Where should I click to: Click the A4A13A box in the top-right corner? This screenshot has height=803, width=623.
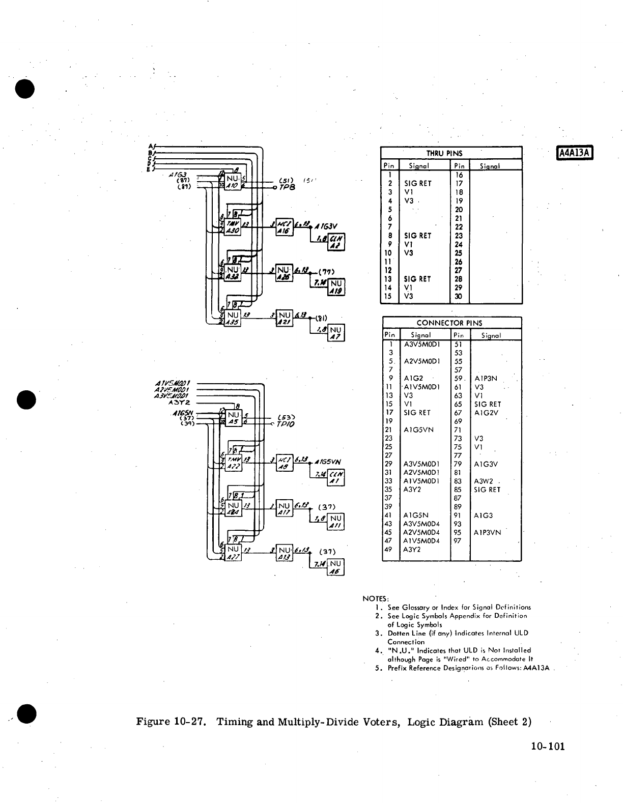click(576, 153)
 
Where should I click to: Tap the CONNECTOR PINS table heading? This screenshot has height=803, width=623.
click(449, 323)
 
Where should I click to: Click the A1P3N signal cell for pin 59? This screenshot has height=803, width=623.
click(486, 378)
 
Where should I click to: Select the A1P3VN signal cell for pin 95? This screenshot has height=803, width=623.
click(487, 532)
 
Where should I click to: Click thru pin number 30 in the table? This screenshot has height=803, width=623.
click(459, 296)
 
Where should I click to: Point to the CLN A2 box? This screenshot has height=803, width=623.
click(336, 243)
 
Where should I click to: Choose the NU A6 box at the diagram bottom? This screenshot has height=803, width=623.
click(336, 567)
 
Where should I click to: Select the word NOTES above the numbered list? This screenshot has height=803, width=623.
click(376, 598)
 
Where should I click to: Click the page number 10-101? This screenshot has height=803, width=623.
click(547, 747)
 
